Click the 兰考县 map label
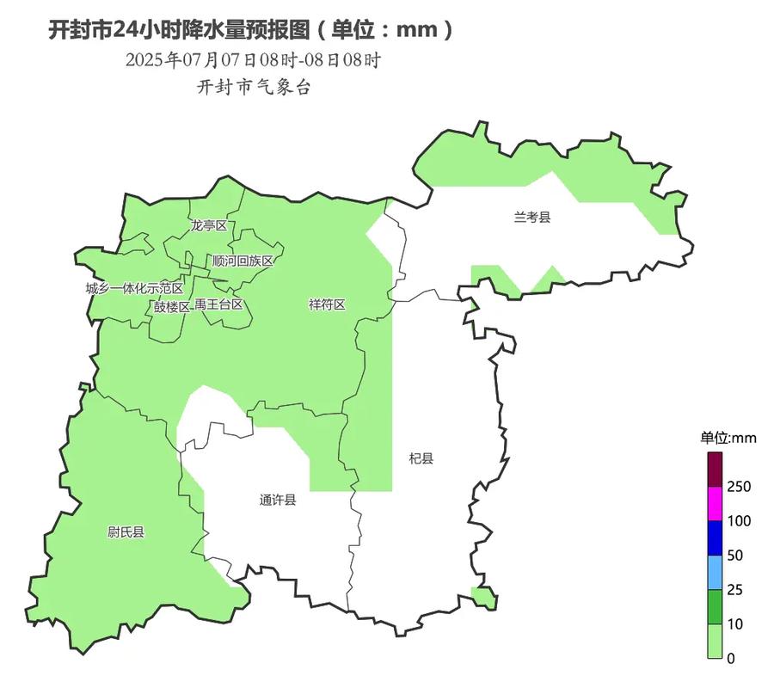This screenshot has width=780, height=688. (x=531, y=218)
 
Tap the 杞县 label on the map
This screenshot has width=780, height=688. (x=421, y=458)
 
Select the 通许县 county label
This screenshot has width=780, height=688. (x=278, y=500)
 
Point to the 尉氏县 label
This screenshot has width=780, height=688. (x=126, y=532)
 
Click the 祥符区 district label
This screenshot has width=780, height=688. (x=327, y=304)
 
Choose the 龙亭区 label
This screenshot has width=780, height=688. (x=209, y=225)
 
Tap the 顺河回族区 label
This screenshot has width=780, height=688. (x=243, y=261)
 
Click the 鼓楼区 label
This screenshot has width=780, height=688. (x=171, y=306)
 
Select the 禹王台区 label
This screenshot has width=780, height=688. (x=218, y=304)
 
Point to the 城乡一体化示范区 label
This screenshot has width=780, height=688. (x=134, y=288)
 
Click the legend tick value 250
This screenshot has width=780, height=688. (x=739, y=487)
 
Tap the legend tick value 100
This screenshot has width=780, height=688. (x=739, y=521)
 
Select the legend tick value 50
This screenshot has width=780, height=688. (x=735, y=556)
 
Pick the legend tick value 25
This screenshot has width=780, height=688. (x=735, y=590)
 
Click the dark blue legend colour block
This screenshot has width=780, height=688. (x=716, y=538)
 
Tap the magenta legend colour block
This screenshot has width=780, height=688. (x=716, y=504)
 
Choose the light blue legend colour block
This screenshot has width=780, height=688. (x=716, y=573)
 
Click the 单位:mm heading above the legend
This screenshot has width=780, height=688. (x=728, y=438)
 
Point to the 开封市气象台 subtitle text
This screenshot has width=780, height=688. (x=254, y=87)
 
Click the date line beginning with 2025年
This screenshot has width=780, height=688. (x=253, y=60)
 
